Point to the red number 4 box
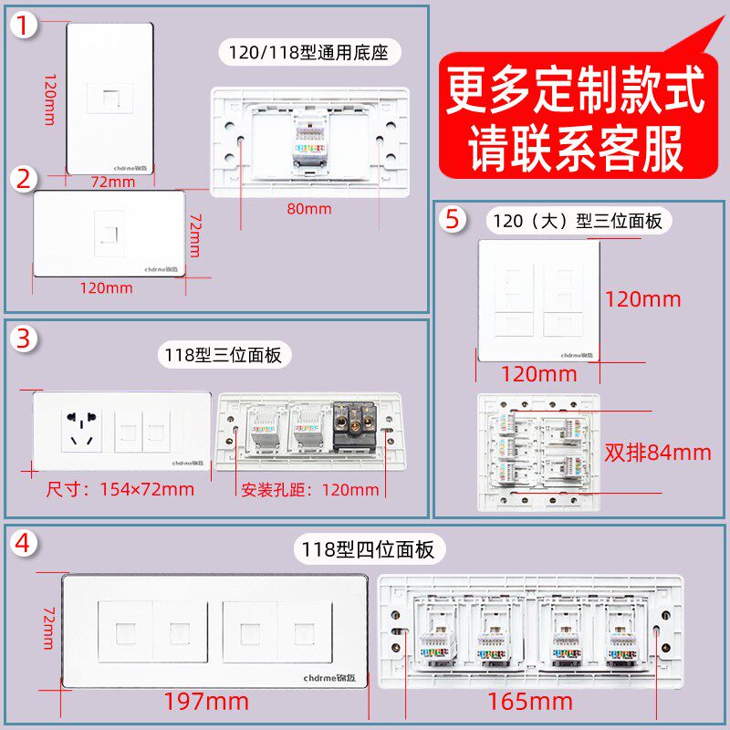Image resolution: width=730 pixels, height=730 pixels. [x=26, y=544]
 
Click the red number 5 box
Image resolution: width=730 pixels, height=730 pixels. [x=453, y=220]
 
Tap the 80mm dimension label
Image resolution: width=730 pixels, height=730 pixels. [x=309, y=210]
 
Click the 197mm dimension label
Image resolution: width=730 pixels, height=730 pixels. [x=206, y=701]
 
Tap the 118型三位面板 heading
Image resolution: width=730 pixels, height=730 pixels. [x=223, y=354]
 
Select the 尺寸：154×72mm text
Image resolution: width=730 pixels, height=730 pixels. [x=120, y=489]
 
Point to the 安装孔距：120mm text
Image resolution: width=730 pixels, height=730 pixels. [x=310, y=489]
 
